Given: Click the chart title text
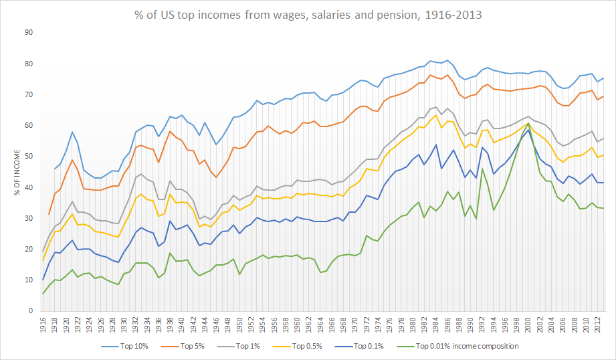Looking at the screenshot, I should click(x=307, y=14).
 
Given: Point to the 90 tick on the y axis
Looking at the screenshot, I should click(x=29, y=33).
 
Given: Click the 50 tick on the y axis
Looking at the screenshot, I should click(x=29, y=157).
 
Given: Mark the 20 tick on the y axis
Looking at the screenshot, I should click(x=29, y=250).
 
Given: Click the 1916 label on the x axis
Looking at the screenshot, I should click(x=43, y=326).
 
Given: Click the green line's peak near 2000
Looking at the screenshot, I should click(x=529, y=123).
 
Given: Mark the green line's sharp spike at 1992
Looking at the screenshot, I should click(x=482, y=169).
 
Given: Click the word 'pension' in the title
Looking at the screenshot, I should click(x=389, y=14).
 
